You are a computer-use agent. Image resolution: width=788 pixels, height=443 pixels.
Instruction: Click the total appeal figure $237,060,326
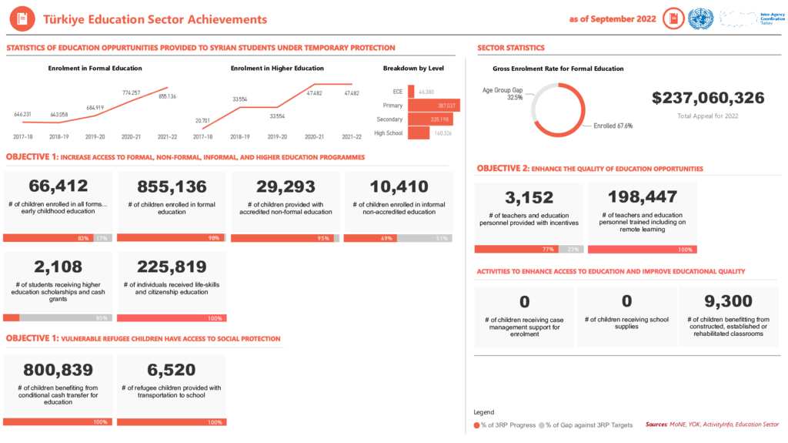(708, 98)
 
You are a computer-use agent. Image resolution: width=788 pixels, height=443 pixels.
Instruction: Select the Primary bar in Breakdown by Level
(433, 106)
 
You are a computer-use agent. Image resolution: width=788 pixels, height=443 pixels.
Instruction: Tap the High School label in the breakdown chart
(389, 133)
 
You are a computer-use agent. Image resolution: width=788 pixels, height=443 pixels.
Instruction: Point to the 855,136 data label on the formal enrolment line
(167, 96)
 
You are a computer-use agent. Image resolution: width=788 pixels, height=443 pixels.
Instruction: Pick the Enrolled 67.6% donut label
(613, 126)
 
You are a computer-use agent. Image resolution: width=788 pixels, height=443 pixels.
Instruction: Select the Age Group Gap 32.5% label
(503, 94)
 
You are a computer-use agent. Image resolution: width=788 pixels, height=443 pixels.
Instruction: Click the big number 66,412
(58, 186)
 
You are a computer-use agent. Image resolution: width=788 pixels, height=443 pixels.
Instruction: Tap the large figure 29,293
(285, 186)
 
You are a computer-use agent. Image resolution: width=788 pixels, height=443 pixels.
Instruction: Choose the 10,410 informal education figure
(399, 186)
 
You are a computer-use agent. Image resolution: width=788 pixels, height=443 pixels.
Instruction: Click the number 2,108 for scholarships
(58, 267)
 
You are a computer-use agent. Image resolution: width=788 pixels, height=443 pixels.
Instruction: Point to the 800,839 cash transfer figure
(58, 370)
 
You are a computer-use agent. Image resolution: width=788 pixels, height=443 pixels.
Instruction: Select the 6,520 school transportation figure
(172, 370)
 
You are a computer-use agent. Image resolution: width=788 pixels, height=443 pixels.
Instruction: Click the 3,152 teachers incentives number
(529, 197)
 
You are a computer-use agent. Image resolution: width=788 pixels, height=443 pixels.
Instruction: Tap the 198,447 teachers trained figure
(642, 197)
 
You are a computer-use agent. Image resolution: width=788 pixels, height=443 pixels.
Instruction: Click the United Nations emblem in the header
(700, 19)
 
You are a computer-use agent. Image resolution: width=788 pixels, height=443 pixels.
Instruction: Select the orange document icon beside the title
(22, 19)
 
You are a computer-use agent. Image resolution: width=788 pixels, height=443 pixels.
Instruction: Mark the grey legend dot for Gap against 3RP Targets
(542, 425)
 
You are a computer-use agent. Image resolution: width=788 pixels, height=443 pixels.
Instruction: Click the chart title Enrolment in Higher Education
(277, 69)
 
